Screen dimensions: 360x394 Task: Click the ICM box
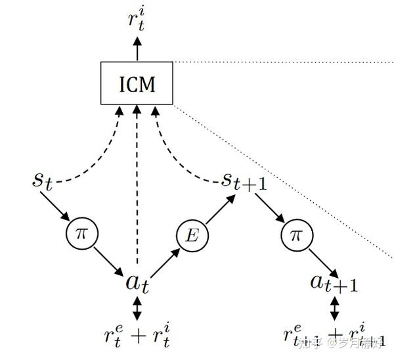[137, 83]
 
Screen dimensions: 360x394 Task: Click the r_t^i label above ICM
[137, 20]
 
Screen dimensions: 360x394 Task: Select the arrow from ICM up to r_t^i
[137, 48]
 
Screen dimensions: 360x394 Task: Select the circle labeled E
[192, 235]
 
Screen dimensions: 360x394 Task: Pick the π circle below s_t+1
[294, 235]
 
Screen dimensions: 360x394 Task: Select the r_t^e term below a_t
[113, 336]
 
